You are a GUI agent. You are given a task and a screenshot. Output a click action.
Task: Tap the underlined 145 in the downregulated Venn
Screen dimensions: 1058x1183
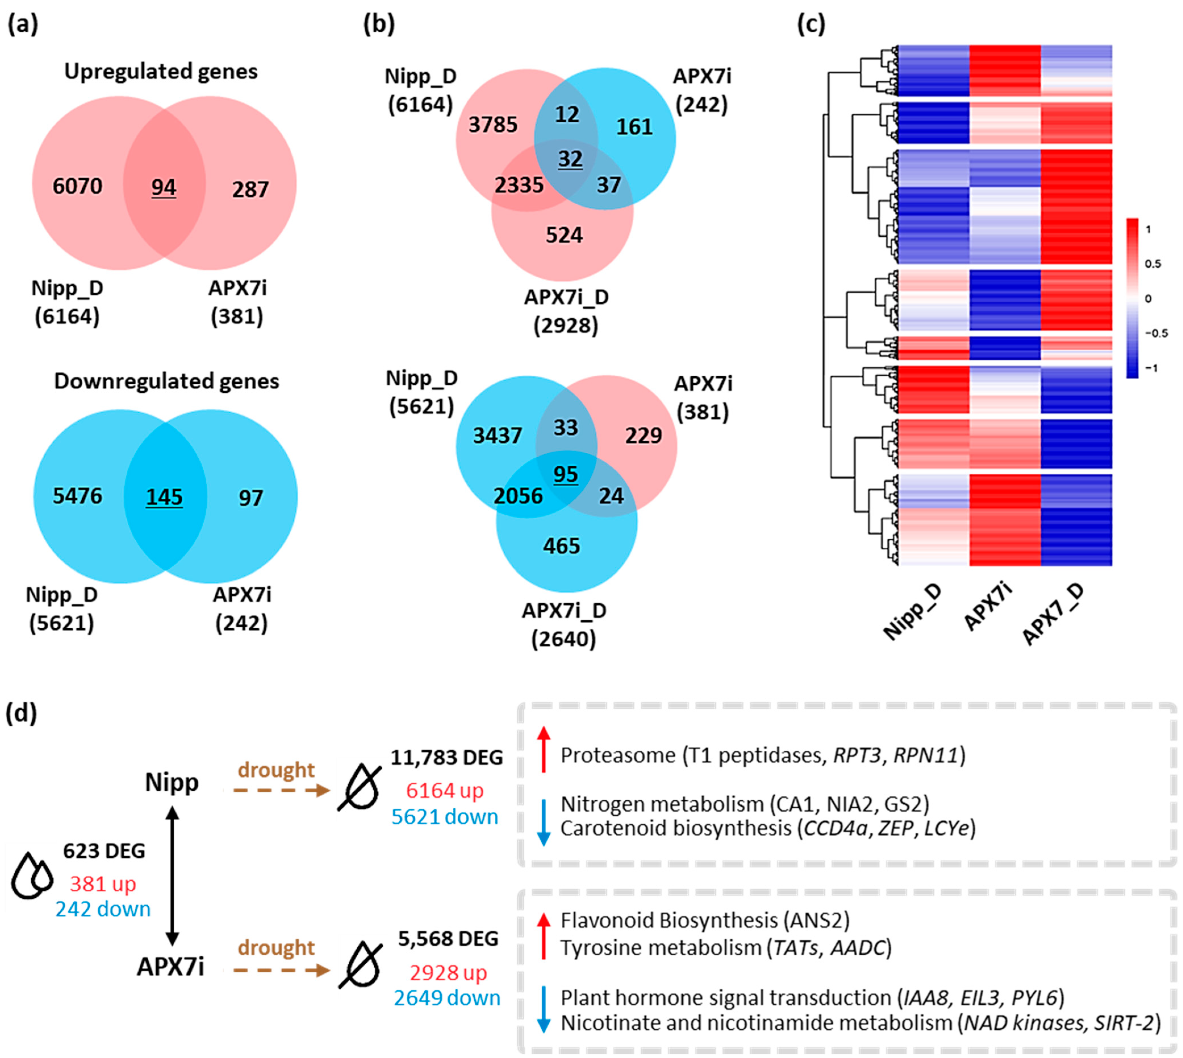(164, 497)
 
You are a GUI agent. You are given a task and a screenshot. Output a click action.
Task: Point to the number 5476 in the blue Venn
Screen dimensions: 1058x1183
(77, 496)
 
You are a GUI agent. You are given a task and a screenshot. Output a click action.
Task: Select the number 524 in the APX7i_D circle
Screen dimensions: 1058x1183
(564, 235)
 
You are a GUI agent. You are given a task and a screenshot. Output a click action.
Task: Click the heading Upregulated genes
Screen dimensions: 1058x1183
(160, 72)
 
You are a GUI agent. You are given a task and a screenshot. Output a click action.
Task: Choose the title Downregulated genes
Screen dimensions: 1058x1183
(166, 381)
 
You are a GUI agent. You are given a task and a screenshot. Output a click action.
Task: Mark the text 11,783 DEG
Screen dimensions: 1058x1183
(446, 757)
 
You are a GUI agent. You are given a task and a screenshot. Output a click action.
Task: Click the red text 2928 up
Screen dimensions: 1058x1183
(448, 973)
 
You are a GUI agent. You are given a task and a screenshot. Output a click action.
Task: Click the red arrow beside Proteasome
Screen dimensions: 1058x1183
(543, 749)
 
